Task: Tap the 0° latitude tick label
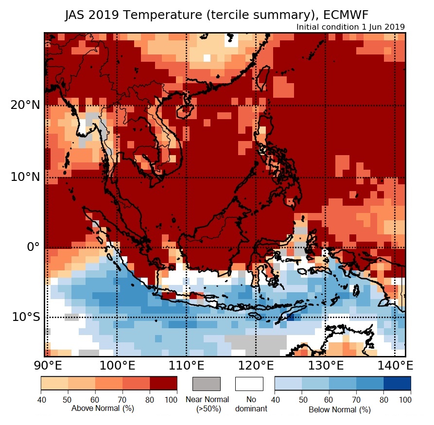pyautogui.click(x=32, y=247)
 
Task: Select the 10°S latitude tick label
pyautogui.click(x=26, y=318)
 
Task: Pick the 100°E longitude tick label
pyautogui.click(x=117, y=365)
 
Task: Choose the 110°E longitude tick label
pyautogui.click(x=186, y=365)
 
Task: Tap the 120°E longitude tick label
pyautogui.click(x=256, y=365)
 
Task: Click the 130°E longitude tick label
pyautogui.click(x=325, y=365)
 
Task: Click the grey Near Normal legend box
pyautogui.click(x=207, y=384)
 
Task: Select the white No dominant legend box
pyautogui.click(x=249, y=384)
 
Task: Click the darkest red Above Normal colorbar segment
pyautogui.click(x=163, y=384)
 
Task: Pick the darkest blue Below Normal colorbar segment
pyautogui.click(x=397, y=384)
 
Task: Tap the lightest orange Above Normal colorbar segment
pyautogui.click(x=54, y=384)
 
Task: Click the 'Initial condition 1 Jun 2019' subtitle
pyautogui.click(x=350, y=27)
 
